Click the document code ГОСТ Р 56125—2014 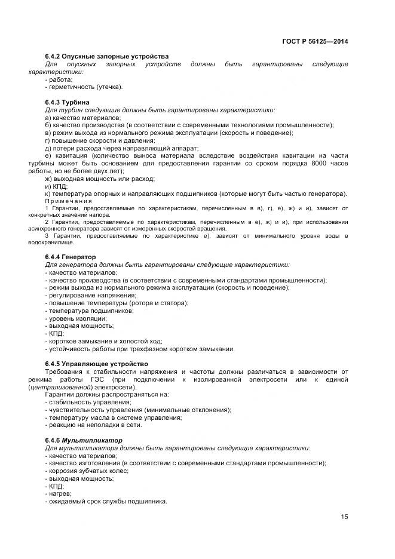coord(315,41)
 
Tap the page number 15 coord(344,517)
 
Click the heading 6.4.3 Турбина coord(68,102)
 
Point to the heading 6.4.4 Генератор coord(71,257)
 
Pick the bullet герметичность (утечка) coord(84,87)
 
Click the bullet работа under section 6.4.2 coord(59,79)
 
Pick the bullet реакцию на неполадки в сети coord(93,425)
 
